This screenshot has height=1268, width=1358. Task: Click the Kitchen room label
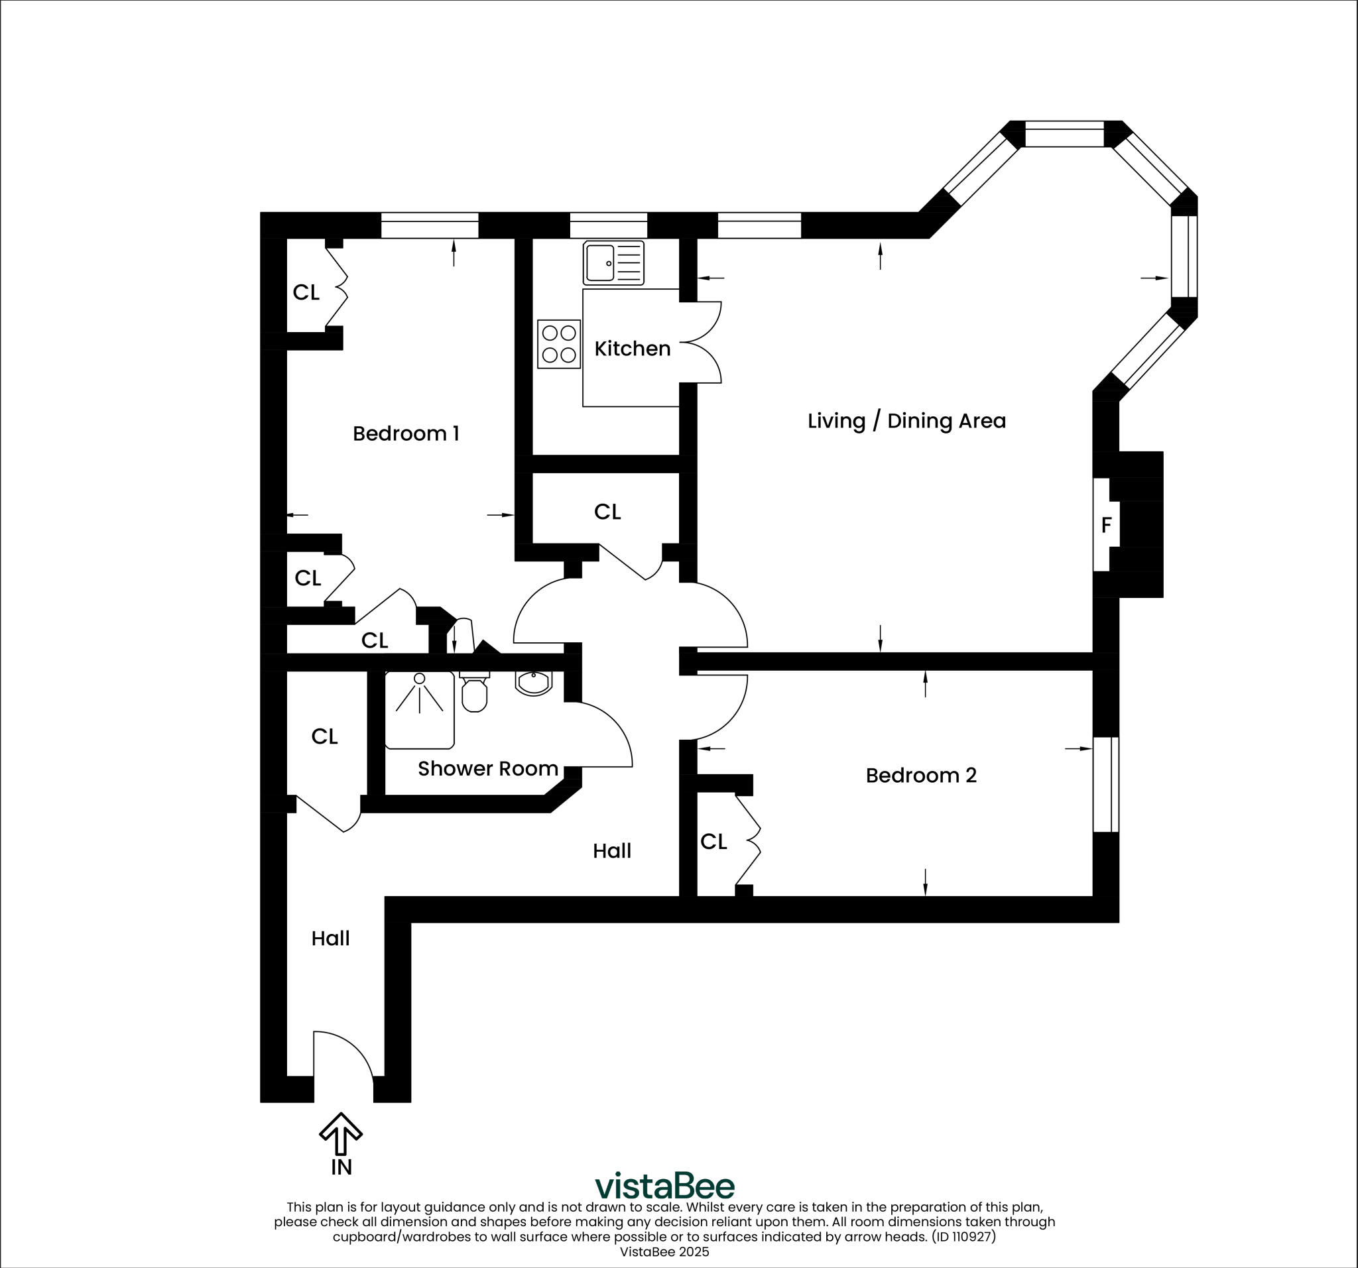coord(632,348)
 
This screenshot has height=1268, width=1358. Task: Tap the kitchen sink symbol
coord(613,263)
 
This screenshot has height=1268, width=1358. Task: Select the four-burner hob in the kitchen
coord(558,344)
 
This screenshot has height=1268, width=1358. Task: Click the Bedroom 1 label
coord(406,433)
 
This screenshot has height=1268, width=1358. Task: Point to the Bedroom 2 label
coord(920,775)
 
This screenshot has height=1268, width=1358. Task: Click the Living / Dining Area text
coord(906,421)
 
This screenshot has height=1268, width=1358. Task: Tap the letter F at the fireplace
coord(1106,524)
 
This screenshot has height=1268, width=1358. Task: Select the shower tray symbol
coord(420,709)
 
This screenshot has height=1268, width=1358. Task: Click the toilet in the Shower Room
coord(474,691)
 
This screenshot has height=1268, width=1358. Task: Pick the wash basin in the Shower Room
coord(533,682)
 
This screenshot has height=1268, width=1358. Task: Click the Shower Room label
coord(488,768)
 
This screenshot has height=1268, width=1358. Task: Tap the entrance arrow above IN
coord(341,1134)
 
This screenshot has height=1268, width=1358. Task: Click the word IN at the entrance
coord(341,1168)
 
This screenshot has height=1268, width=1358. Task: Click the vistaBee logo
coord(664,1186)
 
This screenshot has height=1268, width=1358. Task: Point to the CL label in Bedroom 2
coord(713,842)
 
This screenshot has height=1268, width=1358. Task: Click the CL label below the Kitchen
coord(607,512)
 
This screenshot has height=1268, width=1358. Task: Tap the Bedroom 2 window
coord(1106,784)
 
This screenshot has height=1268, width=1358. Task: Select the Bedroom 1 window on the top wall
coord(429,225)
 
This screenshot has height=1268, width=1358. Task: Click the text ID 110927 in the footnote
coord(964,1237)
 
